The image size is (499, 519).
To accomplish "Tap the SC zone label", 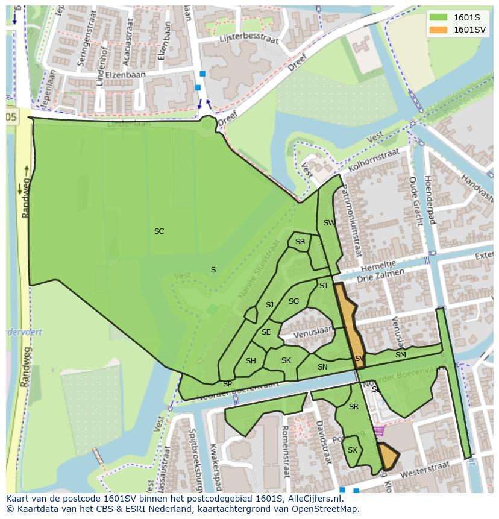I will [x=159, y=231].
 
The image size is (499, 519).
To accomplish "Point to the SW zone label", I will [x=329, y=223].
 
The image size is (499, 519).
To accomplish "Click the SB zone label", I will [x=300, y=242].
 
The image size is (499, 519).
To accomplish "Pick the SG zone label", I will [x=293, y=301].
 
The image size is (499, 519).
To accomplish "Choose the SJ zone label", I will [x=269, y=305].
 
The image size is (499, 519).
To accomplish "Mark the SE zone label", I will [x=266, y=332].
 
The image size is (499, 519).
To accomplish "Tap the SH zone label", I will [x=251, y=361].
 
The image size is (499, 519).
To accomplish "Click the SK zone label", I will [x=286, y=360].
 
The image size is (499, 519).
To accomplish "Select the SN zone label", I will [x=322, y=367].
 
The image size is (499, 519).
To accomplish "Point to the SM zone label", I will [x=400, y=356].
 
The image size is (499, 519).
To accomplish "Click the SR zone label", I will [x=354, y=407].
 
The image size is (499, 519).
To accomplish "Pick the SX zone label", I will [x=353, y=450].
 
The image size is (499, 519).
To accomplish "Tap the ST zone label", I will [x=324, y=286].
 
